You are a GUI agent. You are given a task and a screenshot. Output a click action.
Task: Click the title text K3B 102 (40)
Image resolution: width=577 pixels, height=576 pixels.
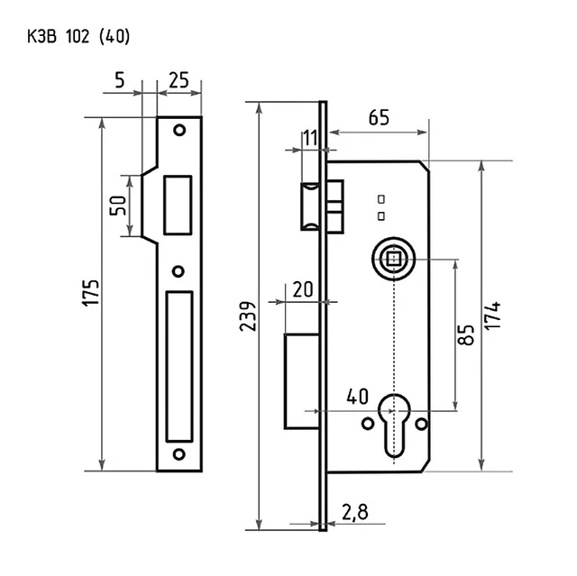click(78, 37)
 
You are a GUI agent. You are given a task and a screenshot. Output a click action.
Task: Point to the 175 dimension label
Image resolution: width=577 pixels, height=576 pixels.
click(90, 293)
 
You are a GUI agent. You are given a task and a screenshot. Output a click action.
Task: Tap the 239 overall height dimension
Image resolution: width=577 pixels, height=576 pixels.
click(247, 316)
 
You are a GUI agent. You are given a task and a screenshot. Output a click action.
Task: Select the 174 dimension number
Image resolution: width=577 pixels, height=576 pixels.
click(492, 315)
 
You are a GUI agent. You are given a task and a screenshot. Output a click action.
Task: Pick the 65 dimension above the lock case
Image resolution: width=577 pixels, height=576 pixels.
click(379, 118)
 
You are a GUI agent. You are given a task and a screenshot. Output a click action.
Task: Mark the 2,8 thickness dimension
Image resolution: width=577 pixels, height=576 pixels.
click(354, 512)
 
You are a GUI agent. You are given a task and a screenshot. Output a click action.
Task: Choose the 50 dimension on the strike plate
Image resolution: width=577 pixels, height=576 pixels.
click(118, 206)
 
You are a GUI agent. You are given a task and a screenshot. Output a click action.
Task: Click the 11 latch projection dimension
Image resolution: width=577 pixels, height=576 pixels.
click(310, 138)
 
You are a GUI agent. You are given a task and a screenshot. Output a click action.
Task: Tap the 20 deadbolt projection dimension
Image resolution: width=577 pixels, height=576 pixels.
click(303, 289)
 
